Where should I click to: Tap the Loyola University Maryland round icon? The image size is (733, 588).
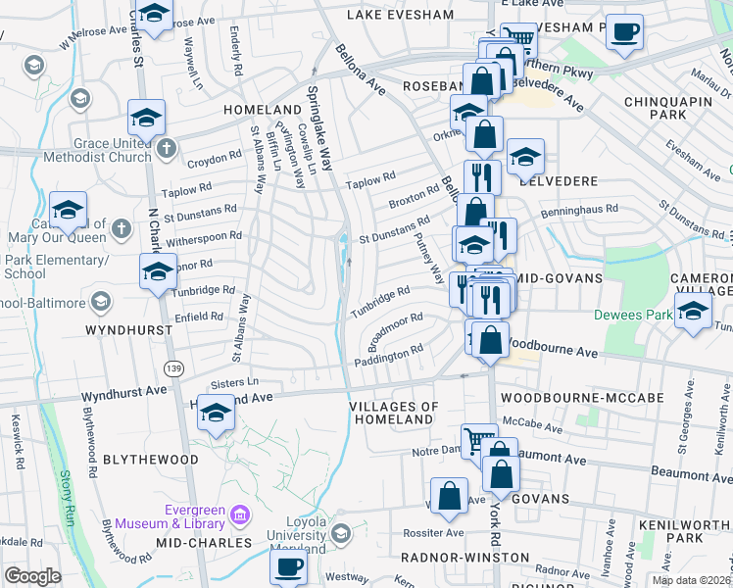(340, 534)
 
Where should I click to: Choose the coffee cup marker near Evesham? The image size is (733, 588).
(623, 32)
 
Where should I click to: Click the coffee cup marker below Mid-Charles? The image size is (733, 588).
(289, 566)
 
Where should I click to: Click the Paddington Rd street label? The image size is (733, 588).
(388, 353)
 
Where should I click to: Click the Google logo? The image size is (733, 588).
(33, 576)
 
